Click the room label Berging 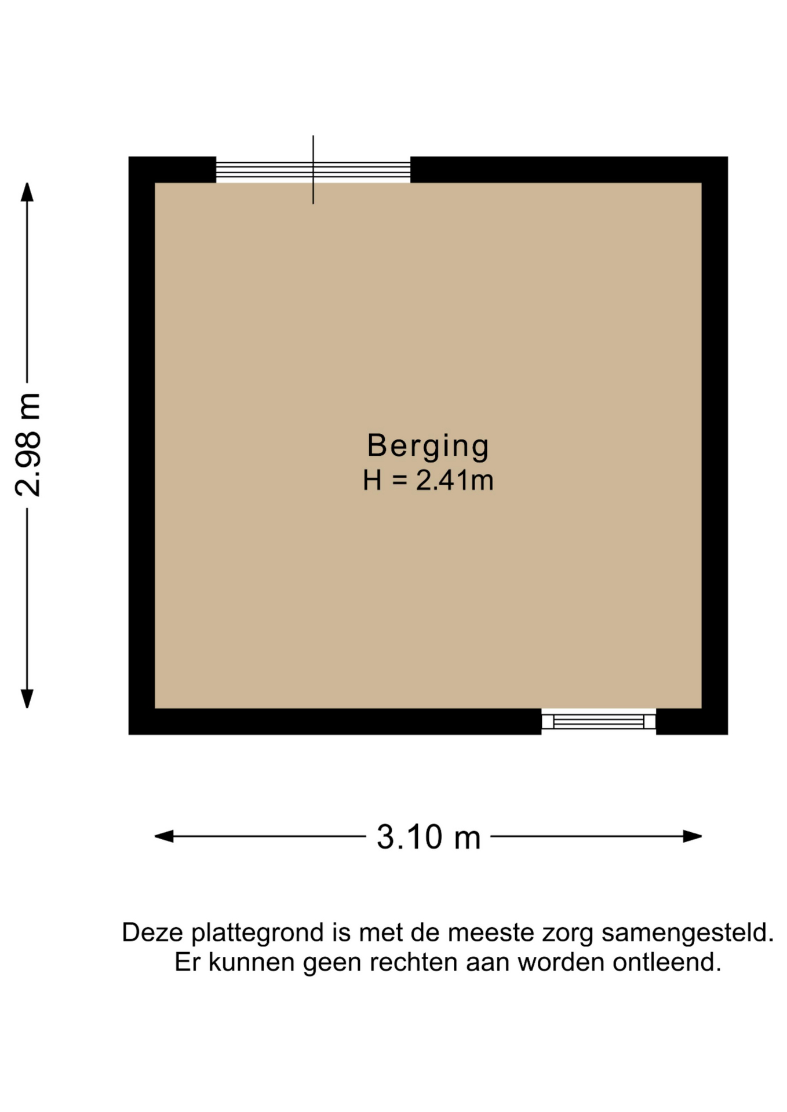click(428, 447)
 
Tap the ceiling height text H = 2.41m click(428, 481)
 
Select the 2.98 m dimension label click(28, 445)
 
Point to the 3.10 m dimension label click(429, 837)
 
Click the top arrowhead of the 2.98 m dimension click(27, 192)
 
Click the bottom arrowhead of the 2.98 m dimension click(27, 699)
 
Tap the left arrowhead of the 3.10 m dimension click(164, 836)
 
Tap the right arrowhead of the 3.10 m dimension click(693, 836)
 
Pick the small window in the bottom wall click(599, 721)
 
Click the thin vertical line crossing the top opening click(313, 170)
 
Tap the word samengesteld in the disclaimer click(687, 933)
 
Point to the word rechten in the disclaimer click(414, 962)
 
